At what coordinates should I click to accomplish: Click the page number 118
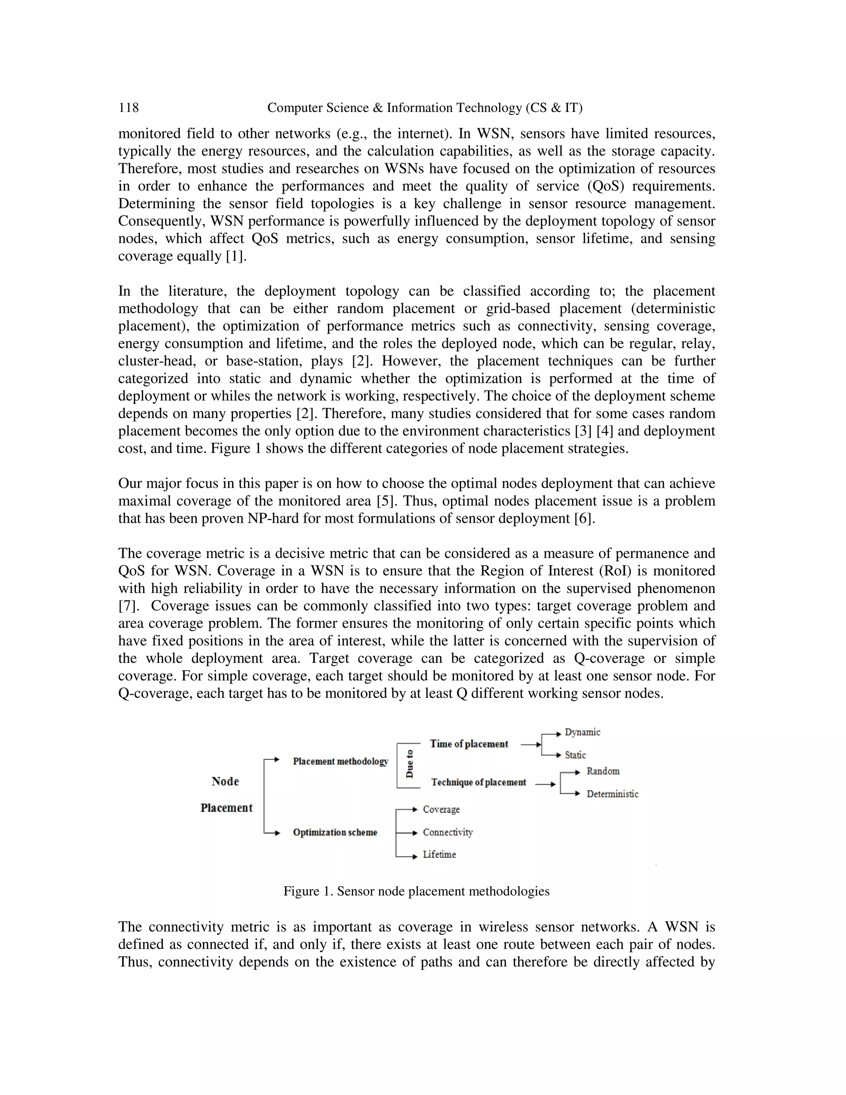pyautogui.click(x=128, y=108)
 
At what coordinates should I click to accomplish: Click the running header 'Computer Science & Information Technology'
pyautogui.click(x=425, y=108)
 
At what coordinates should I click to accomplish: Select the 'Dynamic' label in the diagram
pyautogui.click(x=582, y=732)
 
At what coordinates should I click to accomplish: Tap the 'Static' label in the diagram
pyautogui.click(x=575, y=755)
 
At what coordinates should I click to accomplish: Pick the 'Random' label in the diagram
pyautogui.click(x=603, y=771)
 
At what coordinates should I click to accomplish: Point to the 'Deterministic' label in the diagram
pyautogui.click(x=613, y=794)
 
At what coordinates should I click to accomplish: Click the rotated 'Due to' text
pyautogui.click(x=410, y=764)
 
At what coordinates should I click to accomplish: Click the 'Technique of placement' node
pyautogui.click(x=479, y=783)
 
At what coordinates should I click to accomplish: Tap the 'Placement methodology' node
pyautogui.click(x=340, y=762)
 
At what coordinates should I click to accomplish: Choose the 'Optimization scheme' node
pyautogui.click(x=335, y=832)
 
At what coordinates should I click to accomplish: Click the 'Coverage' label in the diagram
pyautogui.click(x=441, y=809)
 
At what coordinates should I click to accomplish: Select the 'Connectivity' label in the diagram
pyautogui.click(x=447, y=832)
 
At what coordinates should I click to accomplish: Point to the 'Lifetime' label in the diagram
pyautogui.click(x=439, y=855)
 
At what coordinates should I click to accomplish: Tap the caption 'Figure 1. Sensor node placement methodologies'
pyautogui.click(x=416, y=891)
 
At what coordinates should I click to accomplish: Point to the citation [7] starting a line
pyautogui.click(x=128, y=606)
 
